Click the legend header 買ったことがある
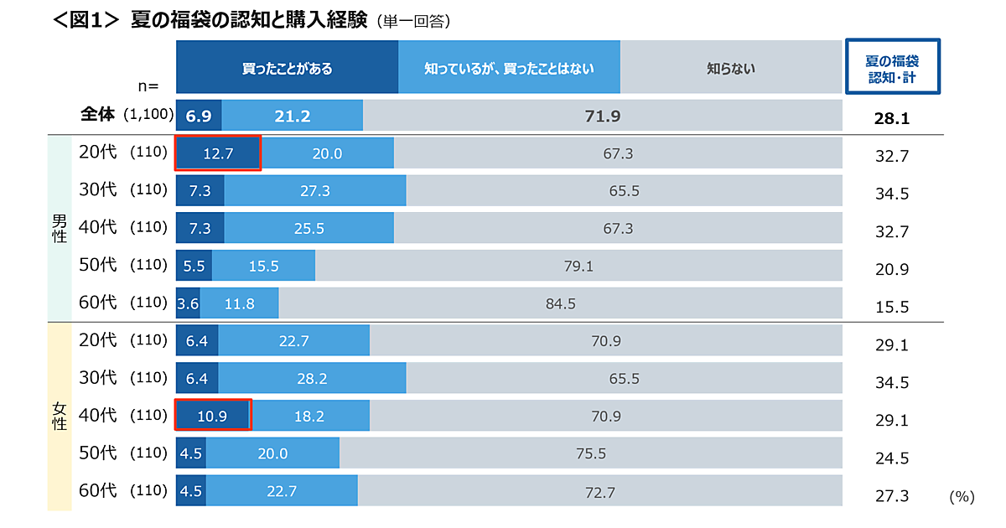287,68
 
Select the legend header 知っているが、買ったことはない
509,68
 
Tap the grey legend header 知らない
731,68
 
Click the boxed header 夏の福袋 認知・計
892,67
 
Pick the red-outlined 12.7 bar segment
218,153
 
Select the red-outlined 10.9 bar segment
213,415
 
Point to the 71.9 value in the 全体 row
602,116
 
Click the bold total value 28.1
892,119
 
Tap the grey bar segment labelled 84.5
560,303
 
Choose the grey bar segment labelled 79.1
578,267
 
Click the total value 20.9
892,269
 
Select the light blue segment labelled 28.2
311,379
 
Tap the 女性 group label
60,416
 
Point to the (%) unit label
962,496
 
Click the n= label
148,85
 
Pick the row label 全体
97,115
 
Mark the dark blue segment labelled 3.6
188,303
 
